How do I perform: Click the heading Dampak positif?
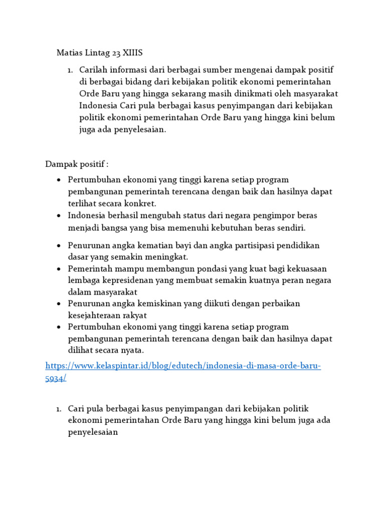coord(77,164)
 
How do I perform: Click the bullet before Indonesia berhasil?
coord(59,215)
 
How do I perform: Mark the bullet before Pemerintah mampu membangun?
coord(59,269)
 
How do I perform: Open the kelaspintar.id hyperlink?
coord(183,366)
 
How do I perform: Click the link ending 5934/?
coord(56,379)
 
